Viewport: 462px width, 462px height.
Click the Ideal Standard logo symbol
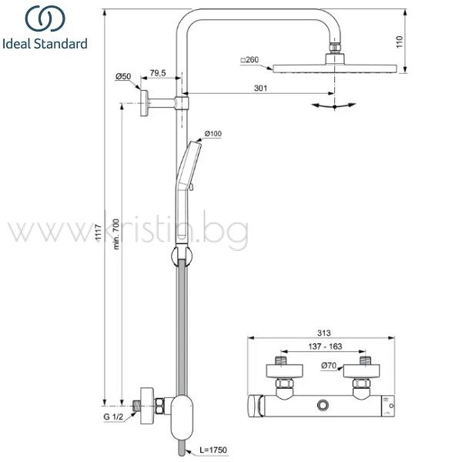45,18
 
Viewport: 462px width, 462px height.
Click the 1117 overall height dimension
99,232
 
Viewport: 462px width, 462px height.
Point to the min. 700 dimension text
117,234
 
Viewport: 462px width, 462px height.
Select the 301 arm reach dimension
260,88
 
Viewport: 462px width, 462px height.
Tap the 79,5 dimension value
158,73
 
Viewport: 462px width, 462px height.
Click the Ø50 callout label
123,76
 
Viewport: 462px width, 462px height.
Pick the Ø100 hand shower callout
213,133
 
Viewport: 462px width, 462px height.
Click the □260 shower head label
249,60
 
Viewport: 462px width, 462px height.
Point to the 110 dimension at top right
399,42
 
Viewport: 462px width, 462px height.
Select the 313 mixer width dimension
324,333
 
